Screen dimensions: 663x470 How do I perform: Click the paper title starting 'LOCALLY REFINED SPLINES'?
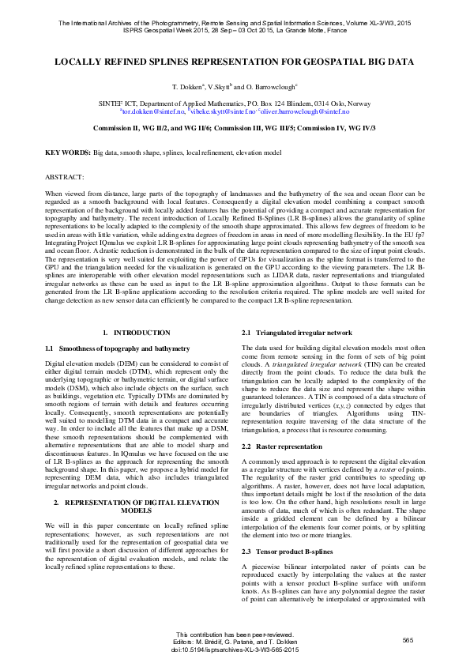click(235, 60)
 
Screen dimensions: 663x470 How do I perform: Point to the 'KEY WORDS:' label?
click(67, 151)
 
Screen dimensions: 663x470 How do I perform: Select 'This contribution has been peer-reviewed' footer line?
click(235, 635)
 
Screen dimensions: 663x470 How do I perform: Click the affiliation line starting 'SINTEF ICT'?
click(235, 104)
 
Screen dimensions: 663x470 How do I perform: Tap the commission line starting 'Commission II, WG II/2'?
click(235, 126)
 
